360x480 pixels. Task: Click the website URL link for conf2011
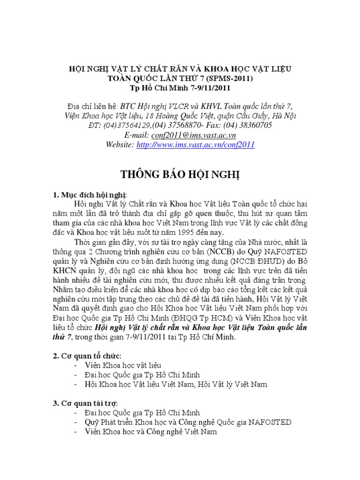pos(195,145)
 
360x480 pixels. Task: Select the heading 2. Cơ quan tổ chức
pos(88,356)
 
